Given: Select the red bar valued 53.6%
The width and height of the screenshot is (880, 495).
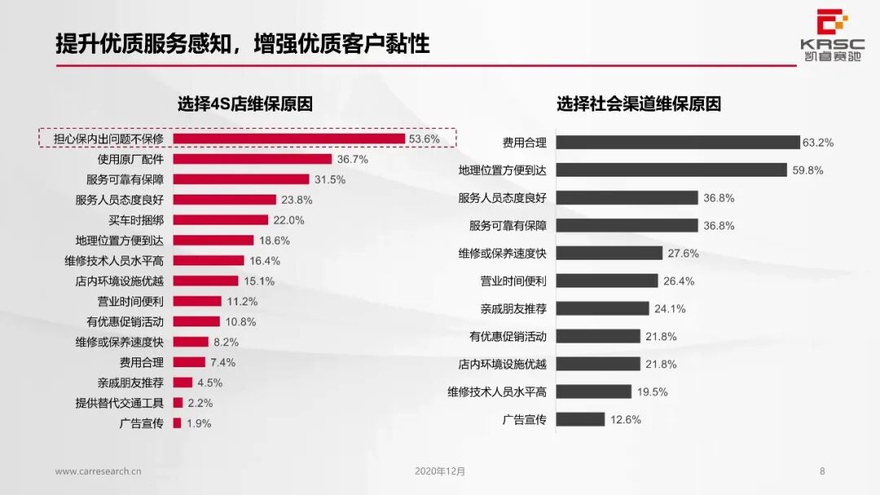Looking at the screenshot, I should pyautogui.click(x=288, y=139).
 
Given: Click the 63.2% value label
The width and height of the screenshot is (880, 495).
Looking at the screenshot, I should pyautogui.click(x=817, y=142).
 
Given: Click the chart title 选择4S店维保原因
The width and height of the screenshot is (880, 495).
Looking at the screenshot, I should pyautogui.click(x=245, y=104).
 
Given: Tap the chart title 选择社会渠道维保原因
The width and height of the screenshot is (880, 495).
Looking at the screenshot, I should pyautogui.click(x=639, y=104).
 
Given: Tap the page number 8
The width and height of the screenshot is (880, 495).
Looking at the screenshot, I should pyautogui.click(x=822, y=471).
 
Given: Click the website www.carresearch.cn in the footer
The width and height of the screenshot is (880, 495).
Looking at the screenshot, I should pyautogui.click(x=99, y=471).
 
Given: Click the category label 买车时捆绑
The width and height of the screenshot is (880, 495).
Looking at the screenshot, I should pyautogui.click(x=136, y=220).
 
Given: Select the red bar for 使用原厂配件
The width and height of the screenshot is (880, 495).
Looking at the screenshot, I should pyautogui.click(x=252, y=160).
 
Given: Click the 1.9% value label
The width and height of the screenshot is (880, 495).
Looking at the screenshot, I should pyautogui.click(x=199, y=423).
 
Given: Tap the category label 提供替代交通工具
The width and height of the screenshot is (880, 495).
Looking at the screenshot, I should pyautogui.click(x=120, y=403).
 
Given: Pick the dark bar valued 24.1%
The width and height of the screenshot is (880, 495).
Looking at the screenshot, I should pyautogui.click(x=603, y=309).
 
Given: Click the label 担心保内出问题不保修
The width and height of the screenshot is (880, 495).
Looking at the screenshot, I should pyautogui.click(x=108, y=139).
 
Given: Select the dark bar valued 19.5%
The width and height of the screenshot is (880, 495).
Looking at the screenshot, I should pyautogui.click(x=594, y=392).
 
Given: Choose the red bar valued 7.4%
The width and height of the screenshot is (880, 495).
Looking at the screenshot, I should pyautogui.click(x=189, y=362).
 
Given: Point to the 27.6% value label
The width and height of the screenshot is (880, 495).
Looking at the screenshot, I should pyautogui.click(x=683, y=253).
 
